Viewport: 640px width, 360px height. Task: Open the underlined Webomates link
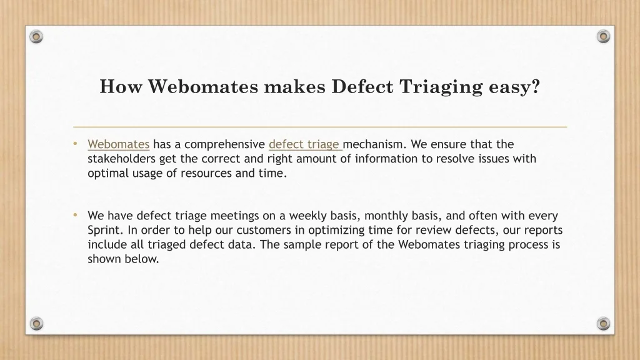pyautogui.click(x=119, y=144)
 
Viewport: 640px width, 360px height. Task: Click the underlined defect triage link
pyautogui.click(x=304, y=144)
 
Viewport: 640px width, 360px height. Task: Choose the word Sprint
pyautogui.click(x=103, y=230)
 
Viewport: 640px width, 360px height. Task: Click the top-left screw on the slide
pyautogui.click(x=37, y=37)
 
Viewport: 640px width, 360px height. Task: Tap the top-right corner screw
pyautogui.click(x=603, y=37)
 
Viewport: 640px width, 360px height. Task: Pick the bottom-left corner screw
pyautogui.click(x=37, y=323)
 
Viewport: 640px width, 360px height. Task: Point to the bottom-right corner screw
pyautogui.click(x=603, y=323)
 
